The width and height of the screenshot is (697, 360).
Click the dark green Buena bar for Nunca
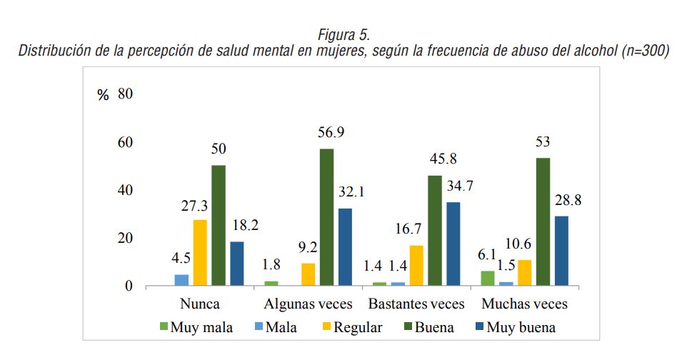tap(219, 226)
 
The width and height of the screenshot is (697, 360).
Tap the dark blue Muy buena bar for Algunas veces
tap(346, 247)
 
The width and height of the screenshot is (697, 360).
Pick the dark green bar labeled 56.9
tap(327, 217)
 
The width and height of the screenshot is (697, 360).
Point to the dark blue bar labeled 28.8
tap(563, 251)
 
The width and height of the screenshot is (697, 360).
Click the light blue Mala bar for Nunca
tap(181, 280)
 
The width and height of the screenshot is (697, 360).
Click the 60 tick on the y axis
tap(126, 143)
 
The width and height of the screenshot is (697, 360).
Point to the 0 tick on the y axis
tap(129, 286)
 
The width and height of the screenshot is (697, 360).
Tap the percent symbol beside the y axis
tap(103, 96)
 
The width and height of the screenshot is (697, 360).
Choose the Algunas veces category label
tap(309, 304)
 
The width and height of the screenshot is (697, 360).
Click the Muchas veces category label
tap(525, 304)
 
